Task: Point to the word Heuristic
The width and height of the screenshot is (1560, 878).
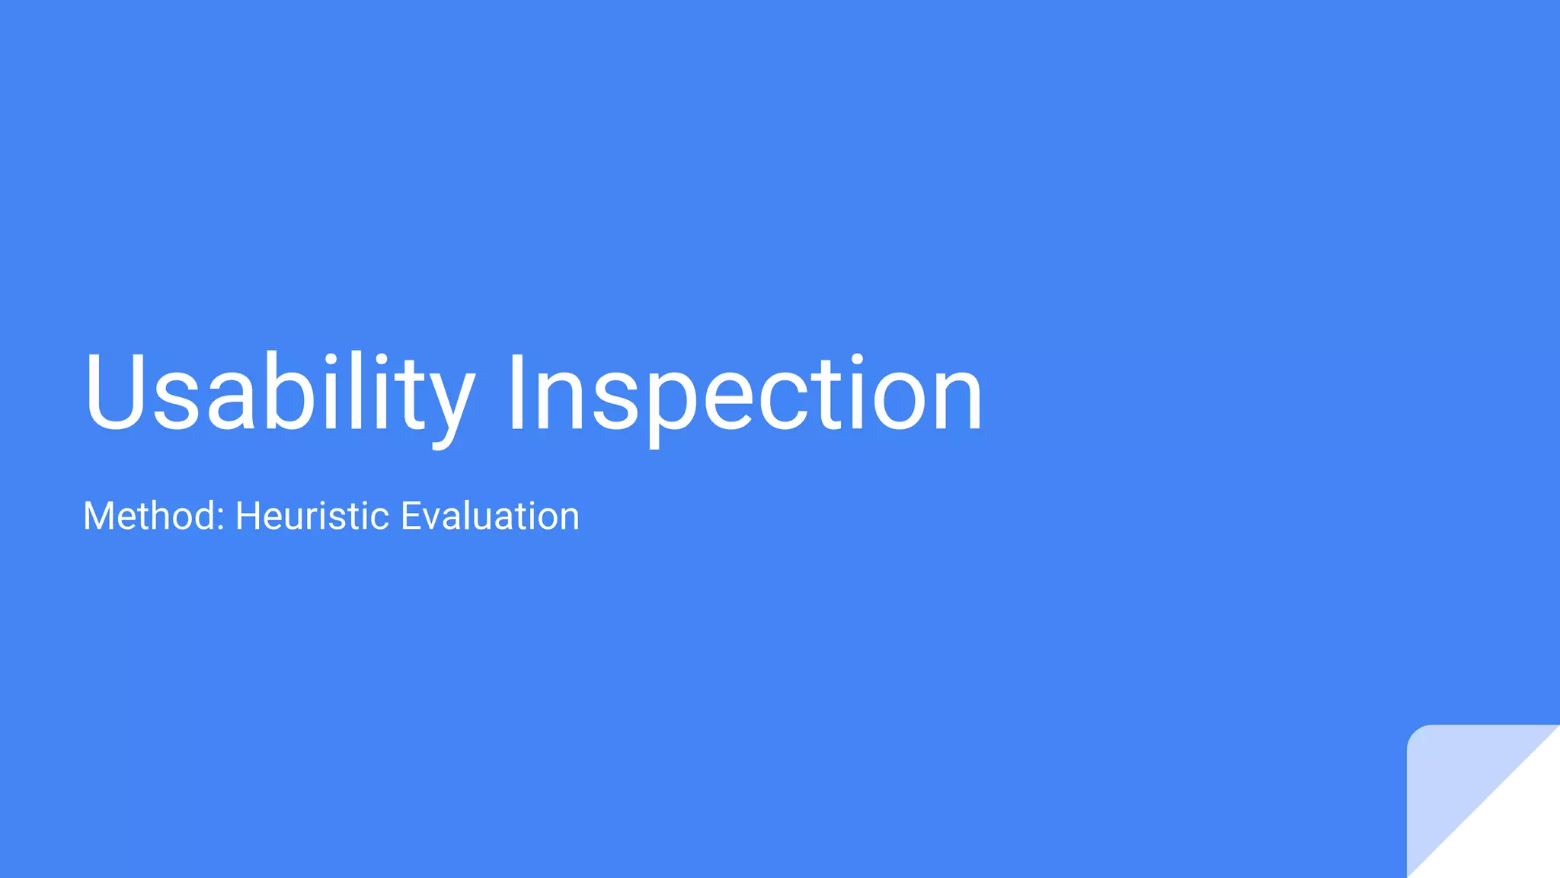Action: tap(312, 516)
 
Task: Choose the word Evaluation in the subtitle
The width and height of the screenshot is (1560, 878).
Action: tap(490, 516)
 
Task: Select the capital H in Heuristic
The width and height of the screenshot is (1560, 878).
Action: tap(248, 516)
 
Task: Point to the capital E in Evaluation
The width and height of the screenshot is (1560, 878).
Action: tap(410, 516)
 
